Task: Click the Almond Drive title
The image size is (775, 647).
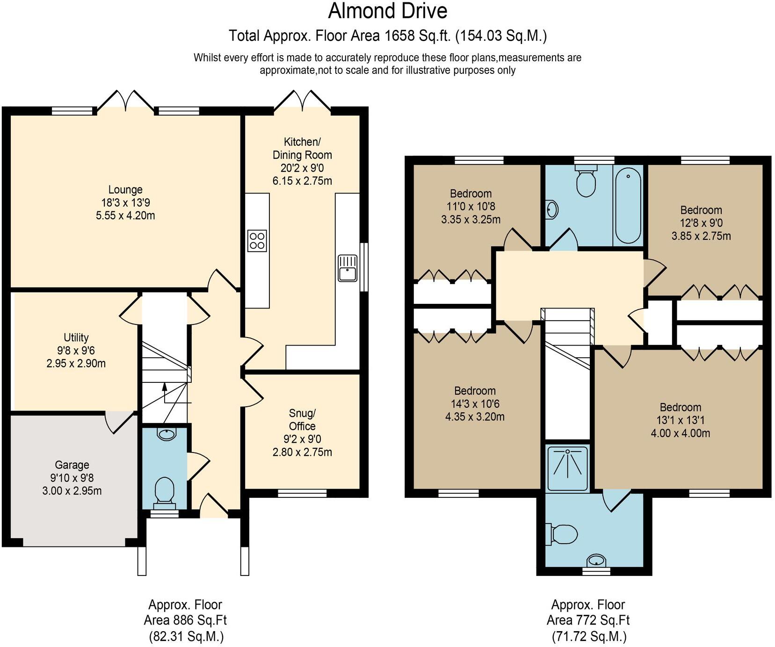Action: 387,11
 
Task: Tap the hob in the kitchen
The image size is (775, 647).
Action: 257,241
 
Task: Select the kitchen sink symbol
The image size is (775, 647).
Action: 347,268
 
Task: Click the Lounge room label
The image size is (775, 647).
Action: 125,202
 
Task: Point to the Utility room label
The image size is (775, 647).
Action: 76,350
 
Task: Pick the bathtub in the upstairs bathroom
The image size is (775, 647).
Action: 628,206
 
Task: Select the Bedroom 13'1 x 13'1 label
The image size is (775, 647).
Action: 680,420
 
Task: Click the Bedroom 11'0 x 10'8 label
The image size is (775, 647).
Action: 471,206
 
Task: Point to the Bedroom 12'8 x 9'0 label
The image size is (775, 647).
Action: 701,223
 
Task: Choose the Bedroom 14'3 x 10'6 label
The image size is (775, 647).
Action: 475,403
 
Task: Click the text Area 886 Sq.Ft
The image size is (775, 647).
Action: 185,620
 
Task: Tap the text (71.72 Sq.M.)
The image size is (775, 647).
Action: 588,636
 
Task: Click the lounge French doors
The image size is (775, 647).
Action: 125,101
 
